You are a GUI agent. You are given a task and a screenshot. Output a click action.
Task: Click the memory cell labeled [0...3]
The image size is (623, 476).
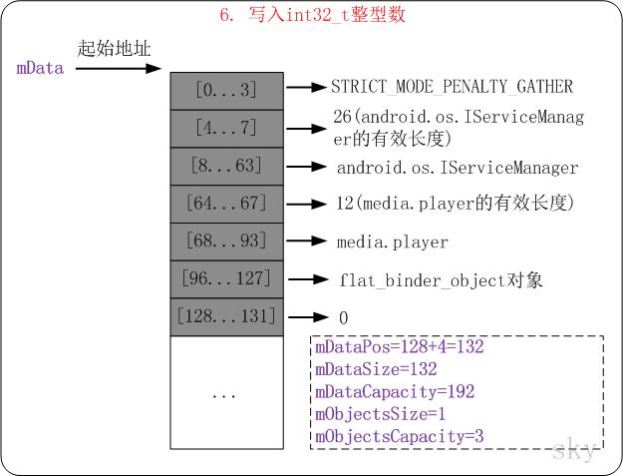227,91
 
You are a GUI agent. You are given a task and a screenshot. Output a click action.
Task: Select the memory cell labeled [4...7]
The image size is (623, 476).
227,128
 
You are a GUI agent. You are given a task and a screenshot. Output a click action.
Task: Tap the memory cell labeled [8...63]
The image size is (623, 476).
227,166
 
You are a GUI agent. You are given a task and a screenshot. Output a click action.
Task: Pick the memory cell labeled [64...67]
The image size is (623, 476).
227,204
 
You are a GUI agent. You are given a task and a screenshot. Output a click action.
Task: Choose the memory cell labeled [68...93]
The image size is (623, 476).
227,241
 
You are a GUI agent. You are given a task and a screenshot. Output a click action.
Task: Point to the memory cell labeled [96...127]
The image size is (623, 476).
227,279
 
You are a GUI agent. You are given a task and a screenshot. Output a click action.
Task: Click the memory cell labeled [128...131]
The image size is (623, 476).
227,317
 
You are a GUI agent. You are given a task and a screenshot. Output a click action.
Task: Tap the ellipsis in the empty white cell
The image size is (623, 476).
225,394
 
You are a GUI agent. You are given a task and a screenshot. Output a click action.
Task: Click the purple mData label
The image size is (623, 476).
41,69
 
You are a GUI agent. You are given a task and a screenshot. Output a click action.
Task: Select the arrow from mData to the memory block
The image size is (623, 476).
118,69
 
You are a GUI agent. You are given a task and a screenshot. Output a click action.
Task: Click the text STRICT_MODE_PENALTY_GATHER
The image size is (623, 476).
454,88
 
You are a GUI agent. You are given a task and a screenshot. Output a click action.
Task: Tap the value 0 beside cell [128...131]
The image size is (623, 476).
343,318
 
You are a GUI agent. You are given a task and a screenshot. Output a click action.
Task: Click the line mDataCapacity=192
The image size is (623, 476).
395,392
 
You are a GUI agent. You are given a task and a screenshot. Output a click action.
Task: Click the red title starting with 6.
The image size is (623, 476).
312,16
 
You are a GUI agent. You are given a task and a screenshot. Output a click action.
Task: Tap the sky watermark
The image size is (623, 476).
576,450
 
